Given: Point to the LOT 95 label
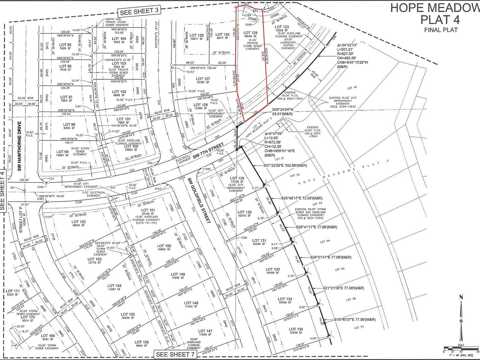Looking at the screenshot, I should [x=65, y=45].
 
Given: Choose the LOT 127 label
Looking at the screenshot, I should [x=203, y=79].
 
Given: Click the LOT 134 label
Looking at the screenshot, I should [x=296, y=329].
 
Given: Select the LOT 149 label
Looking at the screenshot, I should [x=178, y=274].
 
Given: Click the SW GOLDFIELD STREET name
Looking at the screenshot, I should [x=199, y=200].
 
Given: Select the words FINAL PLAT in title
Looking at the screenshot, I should [x=441, y=30].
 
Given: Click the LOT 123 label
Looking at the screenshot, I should [x=282, y=27].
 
